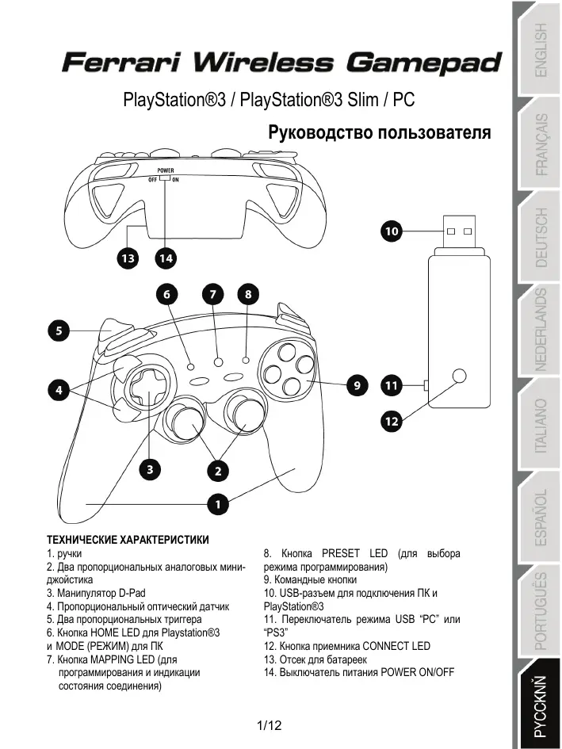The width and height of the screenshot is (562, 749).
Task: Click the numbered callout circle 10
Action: pos(391,231)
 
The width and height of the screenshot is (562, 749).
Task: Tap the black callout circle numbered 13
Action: pos(127,258)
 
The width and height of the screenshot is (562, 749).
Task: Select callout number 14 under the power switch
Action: pos(165,258)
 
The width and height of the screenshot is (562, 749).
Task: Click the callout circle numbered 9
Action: pos(357,385)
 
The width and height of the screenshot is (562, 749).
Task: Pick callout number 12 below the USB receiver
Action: pos(391,422)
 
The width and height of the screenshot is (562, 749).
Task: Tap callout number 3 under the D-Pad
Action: pos(148,468)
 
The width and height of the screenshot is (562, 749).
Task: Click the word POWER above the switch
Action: pos(165,170)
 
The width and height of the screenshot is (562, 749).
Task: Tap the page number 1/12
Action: pos(270,725)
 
